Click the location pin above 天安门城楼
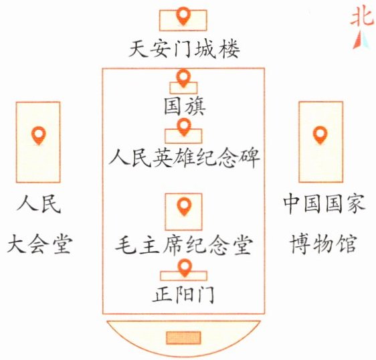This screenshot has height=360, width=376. (x=183, y=16)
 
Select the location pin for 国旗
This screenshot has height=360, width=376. (x=183, y=78)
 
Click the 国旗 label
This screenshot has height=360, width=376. (x=185, y=106)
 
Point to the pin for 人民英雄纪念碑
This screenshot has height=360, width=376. (x=184, y=127)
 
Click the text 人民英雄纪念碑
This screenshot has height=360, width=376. (x=184, y=157)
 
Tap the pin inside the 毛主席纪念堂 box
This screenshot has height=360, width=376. (x=184, y=207)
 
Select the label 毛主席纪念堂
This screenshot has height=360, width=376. (x=184, y=245)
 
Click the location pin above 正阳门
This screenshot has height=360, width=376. (x=185, y=268)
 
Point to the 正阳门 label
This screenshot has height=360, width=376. (x=183, y=294)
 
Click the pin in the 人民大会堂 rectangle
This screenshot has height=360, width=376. (x=39, y=136)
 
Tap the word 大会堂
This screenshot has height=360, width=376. (x=39, y=244)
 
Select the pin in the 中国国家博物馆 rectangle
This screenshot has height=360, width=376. (x=320, y=135)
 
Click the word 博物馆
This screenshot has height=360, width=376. (x=322, y=244)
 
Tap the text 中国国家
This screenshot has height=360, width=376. (x=324, y=204)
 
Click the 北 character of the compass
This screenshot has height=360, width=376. (x=362, y=17)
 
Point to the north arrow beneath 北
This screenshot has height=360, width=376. (x=361, y=41)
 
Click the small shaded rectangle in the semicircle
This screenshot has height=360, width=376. (x=183, y=337)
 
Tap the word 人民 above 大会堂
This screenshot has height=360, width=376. (x=39, y=204)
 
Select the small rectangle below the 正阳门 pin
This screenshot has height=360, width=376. (x=183, y=276)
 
